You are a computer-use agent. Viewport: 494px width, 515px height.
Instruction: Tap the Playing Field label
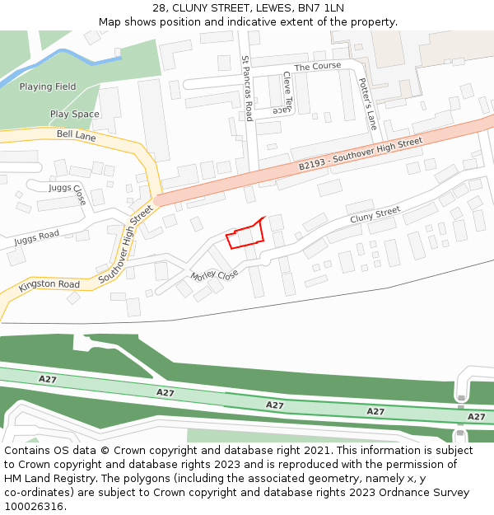[48, 87]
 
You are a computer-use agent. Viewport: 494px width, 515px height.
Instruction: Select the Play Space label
[74, 115]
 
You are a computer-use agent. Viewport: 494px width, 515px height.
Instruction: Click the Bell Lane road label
[77, 135]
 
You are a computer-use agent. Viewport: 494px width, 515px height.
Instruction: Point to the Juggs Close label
[68, 194]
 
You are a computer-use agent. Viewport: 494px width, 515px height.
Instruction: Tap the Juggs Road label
[37, 239]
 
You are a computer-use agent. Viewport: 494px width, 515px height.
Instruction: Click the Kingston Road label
[49, 285]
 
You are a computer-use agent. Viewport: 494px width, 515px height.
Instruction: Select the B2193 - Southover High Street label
[361, 154]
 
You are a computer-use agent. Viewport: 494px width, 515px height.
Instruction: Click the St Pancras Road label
[246, 88]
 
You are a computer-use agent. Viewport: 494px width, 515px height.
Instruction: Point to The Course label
[317, 66]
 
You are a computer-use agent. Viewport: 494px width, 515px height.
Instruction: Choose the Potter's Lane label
[367, 103]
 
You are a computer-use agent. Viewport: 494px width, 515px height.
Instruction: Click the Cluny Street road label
[375, 215]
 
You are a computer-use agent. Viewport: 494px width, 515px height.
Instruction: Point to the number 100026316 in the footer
[33, 506]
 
